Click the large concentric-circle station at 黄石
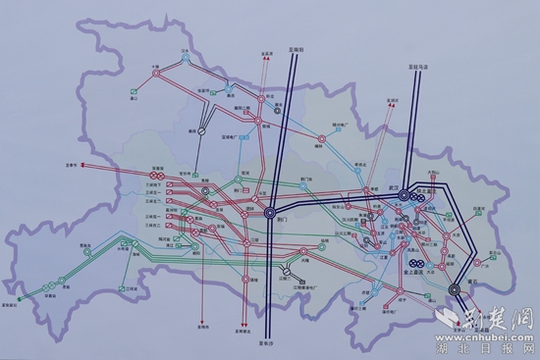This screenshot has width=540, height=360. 456,289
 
